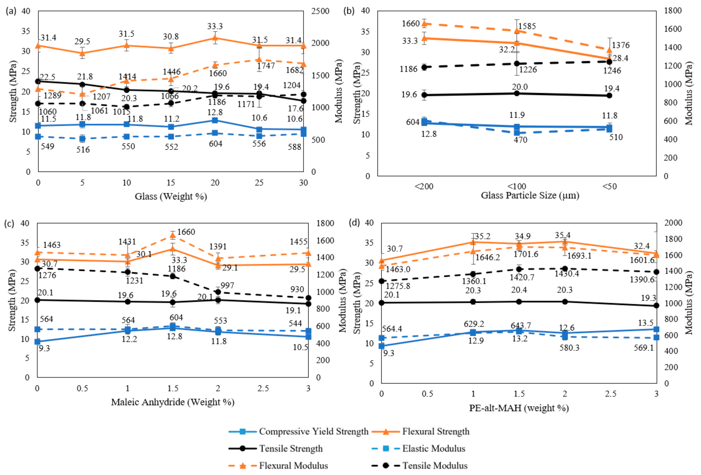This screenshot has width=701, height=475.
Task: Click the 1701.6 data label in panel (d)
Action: point(526,254)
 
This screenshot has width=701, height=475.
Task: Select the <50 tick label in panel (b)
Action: point(610,186)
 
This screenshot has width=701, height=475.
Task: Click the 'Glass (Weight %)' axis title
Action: point(171,197)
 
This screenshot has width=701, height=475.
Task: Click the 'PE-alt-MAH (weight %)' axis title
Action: point(519,408)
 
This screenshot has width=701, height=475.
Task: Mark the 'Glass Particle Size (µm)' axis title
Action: point(530,195)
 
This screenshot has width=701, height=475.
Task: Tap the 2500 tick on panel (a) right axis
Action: point(320,11)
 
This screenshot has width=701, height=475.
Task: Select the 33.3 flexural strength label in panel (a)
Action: point(215,26)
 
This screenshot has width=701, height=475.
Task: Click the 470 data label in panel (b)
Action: point(521,140)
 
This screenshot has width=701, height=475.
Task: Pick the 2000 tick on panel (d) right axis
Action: point(673,223)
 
